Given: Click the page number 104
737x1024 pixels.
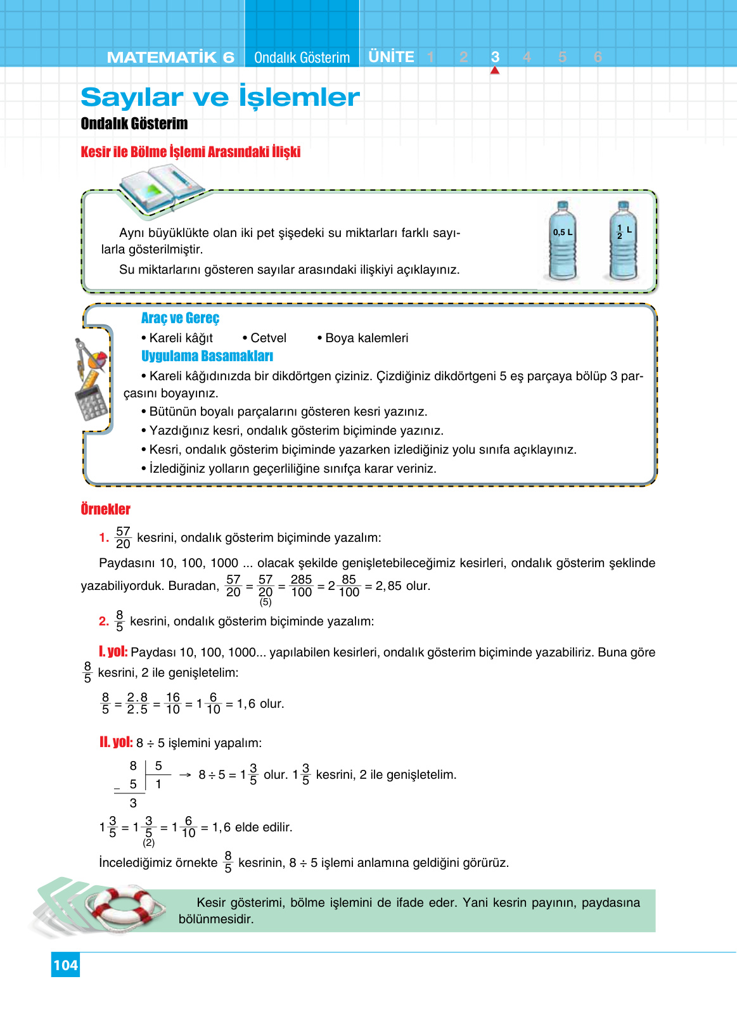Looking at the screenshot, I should coord(65,965).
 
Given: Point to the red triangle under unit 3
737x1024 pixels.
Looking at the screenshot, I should coord(495,70).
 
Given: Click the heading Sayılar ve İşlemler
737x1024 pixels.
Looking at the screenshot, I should coord(220,97).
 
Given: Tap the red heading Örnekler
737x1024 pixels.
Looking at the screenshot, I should coord(105,509).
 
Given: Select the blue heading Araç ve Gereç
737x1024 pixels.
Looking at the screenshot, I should coord(180,318).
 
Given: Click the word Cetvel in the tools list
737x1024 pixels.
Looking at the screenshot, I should coord(268,338).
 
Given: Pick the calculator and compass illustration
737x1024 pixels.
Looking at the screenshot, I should coord(91,380).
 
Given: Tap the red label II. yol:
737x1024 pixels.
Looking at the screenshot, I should coord(116,742).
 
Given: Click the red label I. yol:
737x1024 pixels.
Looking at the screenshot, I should coord(113,651).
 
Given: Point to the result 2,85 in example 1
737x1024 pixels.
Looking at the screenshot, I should coord(388,586).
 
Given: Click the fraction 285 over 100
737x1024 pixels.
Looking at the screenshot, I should coord(301,586).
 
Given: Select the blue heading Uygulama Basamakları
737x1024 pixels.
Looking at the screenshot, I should coord(207,356).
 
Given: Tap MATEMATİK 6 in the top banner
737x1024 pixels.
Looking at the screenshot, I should coord(170,57).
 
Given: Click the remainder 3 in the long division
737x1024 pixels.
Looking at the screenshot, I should coord(133,803).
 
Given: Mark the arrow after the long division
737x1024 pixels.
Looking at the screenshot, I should coord(185,774).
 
